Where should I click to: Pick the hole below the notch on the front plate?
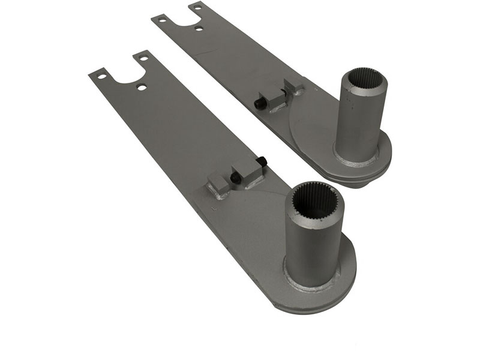[x=141, y=87]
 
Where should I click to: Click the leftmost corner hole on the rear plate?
[x=161, y=19]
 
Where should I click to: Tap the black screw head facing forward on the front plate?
[x=236, y=178]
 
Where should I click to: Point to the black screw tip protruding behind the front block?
[x=263, y=161]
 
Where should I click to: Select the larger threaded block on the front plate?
[x=247, y=175]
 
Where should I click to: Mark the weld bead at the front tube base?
[x=312, y=283]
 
